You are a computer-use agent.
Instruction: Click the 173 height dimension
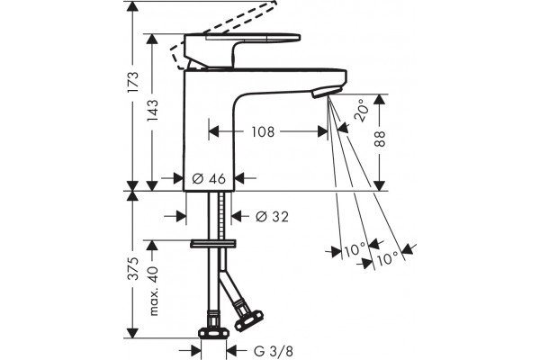click(132, 81)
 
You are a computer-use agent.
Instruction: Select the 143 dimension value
click(153, 110)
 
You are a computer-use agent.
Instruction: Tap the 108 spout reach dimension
click(263, 131)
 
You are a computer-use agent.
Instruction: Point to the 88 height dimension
click(380, 139)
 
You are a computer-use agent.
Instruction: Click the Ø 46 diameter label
click(209, 178)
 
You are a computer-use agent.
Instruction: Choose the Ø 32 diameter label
click(272, 217)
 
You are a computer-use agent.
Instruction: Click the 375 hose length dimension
click(133, 268)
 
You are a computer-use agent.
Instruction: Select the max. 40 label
click(154, 291)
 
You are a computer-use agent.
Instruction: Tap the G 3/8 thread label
click(274, 351)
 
